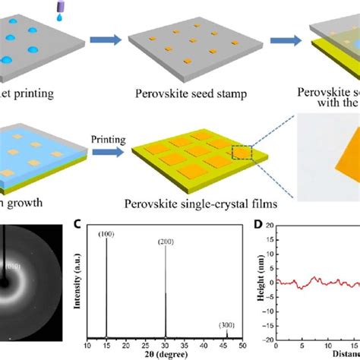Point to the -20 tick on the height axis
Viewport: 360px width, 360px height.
tap(272, 339)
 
